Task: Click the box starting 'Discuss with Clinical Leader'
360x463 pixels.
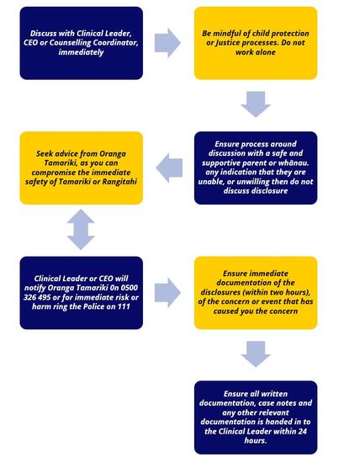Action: point(82,43)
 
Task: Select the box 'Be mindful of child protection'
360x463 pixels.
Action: point(256,43)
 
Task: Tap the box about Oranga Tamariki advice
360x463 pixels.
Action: point(82,168)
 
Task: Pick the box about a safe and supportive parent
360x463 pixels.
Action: point(256,168)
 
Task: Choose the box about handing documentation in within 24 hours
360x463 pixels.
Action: point(256,418)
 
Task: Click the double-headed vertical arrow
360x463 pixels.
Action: point(81,230)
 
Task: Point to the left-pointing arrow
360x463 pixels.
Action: point(169,168)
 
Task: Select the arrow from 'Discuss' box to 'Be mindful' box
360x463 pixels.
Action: point(167,43)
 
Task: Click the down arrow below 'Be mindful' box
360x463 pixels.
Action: point(256,104)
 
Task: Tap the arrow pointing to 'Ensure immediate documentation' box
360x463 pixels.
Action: point(167,293)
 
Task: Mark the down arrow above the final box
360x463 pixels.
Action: point(256,354)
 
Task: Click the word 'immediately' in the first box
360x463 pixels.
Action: point(81,52)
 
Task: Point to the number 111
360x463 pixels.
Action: point(124,306)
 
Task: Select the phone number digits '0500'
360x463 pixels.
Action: point(130,288)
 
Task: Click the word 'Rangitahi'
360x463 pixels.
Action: point(119,182)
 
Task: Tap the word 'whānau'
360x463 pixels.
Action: point(293,162)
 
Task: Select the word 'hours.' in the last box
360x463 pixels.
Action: point(256,440)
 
